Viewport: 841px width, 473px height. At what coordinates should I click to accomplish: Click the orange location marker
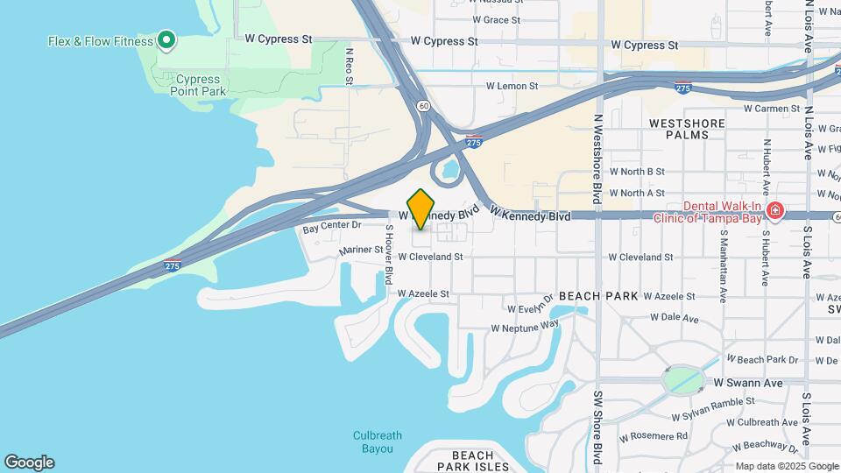click(421, 208)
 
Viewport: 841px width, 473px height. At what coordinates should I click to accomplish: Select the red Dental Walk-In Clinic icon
click(774, 211)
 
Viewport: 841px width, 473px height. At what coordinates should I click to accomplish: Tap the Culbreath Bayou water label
click(378, 441)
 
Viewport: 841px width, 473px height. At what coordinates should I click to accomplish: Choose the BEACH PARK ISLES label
click(473, 461)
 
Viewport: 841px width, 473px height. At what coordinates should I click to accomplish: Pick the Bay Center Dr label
click(332, 226)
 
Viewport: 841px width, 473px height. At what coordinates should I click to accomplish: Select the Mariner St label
click(362, 250)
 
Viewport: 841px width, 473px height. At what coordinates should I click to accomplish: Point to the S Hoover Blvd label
click(388, 254)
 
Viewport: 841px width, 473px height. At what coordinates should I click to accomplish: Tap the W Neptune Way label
click(525, 326)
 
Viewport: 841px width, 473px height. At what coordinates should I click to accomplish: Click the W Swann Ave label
click(748, 383)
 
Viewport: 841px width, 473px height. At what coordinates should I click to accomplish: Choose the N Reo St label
click(349, 66)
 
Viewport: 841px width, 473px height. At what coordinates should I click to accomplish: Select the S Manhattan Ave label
click(724, 266)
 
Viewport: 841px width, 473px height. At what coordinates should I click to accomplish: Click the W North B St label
click(637, 172)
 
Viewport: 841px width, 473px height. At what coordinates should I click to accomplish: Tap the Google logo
click(29, 462)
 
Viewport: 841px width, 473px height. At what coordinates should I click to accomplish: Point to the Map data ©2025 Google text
click(787, 466)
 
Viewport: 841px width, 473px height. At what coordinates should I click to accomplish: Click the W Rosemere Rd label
click(654, 436)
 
